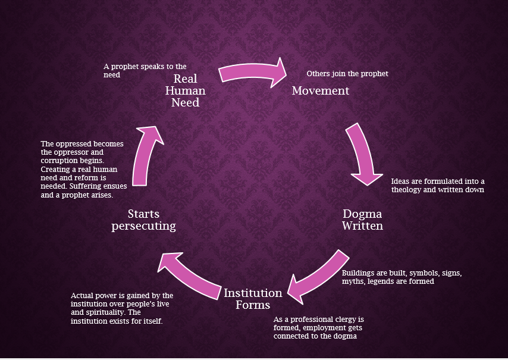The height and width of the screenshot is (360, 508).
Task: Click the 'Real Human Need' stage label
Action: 189,91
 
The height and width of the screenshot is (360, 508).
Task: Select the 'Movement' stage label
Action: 320,91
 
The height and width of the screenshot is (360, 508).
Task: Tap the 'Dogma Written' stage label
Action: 362,220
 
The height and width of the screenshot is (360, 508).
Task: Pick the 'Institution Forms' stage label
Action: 253,299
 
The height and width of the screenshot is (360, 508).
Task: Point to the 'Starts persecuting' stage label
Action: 143,220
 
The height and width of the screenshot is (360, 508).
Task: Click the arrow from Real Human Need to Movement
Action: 253,71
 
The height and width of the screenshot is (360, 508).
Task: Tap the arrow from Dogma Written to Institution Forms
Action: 319,273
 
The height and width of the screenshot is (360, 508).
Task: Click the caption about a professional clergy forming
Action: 318,327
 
